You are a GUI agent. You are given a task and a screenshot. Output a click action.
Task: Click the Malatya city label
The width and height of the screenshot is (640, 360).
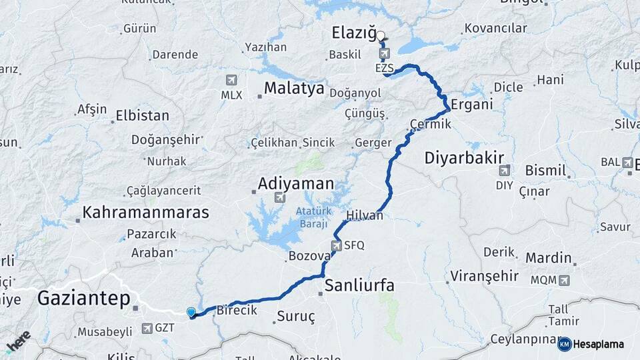294,88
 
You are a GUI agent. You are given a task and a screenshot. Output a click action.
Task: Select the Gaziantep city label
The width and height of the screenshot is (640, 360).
83,298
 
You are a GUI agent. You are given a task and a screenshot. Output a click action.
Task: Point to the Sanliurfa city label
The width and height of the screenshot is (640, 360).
359,286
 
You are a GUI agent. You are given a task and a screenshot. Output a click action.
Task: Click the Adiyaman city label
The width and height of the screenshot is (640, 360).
295,183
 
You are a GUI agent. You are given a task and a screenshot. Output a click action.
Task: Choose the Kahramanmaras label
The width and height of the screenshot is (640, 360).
145,213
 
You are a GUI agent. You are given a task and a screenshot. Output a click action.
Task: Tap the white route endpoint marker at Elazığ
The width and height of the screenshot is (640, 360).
381,37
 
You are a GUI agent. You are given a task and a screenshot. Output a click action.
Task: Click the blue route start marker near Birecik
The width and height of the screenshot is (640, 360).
191,312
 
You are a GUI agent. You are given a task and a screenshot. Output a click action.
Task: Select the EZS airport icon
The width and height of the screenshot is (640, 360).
384,53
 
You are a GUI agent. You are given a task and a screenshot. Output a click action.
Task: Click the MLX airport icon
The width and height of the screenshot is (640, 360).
231,81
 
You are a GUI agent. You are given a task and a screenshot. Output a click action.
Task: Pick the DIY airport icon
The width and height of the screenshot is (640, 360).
504,170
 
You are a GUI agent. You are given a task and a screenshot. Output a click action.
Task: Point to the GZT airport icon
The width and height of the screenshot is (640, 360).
147,327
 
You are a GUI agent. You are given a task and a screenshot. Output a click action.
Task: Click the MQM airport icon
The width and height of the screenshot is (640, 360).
565,280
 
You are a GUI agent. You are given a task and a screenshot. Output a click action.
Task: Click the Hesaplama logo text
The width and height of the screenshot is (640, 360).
598,344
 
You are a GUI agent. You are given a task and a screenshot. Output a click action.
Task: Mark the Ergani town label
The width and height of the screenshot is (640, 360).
471,104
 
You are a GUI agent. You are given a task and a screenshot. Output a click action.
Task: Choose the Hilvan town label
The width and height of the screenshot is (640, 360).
365,215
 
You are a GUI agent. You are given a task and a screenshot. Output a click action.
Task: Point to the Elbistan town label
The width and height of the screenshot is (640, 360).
142,115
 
